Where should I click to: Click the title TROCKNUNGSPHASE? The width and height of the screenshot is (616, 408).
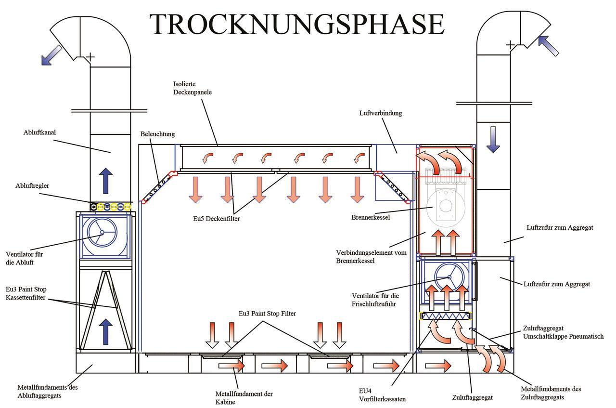296,25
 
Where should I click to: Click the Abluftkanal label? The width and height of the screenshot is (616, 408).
38,132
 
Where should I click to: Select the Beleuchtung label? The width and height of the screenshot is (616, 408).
158,134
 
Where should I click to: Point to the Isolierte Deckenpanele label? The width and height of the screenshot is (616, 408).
192,87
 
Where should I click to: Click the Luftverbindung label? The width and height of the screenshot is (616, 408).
380,113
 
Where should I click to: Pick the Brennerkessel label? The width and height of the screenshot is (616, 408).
370,217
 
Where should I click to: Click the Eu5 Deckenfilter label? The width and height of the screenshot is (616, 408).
213,218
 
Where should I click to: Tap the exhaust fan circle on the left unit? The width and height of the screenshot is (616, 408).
102,233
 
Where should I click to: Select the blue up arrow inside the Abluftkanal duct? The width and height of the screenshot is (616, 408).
107,181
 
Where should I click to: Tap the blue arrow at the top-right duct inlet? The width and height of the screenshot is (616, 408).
549,45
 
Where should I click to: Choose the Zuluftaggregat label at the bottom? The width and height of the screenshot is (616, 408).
472,397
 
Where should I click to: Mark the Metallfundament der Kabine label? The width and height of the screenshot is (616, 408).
244,397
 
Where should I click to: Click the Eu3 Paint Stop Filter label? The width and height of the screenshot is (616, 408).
267,313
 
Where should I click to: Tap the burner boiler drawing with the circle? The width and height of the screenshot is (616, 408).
446,205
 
